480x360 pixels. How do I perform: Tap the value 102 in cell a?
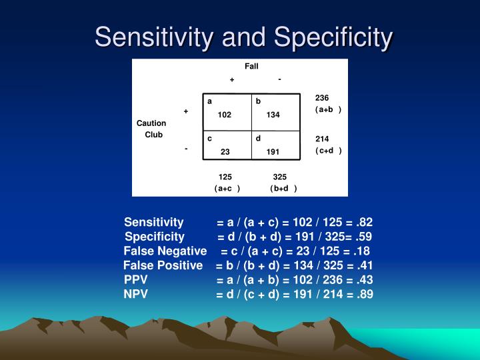pos(224,115)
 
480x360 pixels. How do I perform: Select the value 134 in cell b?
pos(273,115)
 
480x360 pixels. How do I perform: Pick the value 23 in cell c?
pos(225,152)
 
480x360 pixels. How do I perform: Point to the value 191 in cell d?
pos(273,152)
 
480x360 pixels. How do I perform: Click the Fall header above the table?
pos(251,67)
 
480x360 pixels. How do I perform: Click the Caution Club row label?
pos(152,129)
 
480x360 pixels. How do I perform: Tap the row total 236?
pos(322,98)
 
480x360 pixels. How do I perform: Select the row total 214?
pos(322,139)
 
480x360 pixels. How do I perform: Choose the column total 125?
pos(225,177)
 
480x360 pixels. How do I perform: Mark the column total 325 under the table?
pos(280,177)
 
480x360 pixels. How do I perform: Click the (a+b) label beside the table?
pos(328,109)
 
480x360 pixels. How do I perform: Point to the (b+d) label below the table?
pos(283,189)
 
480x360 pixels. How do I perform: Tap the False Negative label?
pos(165,251)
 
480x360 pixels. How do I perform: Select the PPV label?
pos(136,280)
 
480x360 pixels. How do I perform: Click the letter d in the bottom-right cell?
pos(258,139)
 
